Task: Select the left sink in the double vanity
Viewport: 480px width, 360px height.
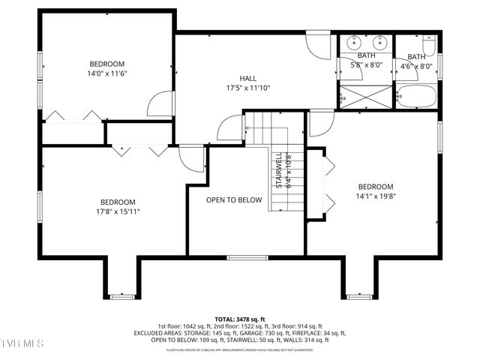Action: click(353, 43)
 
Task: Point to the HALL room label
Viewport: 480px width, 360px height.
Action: click(247, 79)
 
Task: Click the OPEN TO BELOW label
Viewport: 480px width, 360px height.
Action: click(234, 200)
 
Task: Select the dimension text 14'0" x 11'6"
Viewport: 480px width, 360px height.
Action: click(107, 73)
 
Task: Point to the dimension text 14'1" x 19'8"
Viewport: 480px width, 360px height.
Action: click(375, 196)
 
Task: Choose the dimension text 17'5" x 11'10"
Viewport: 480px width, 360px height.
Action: click(247, 88)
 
